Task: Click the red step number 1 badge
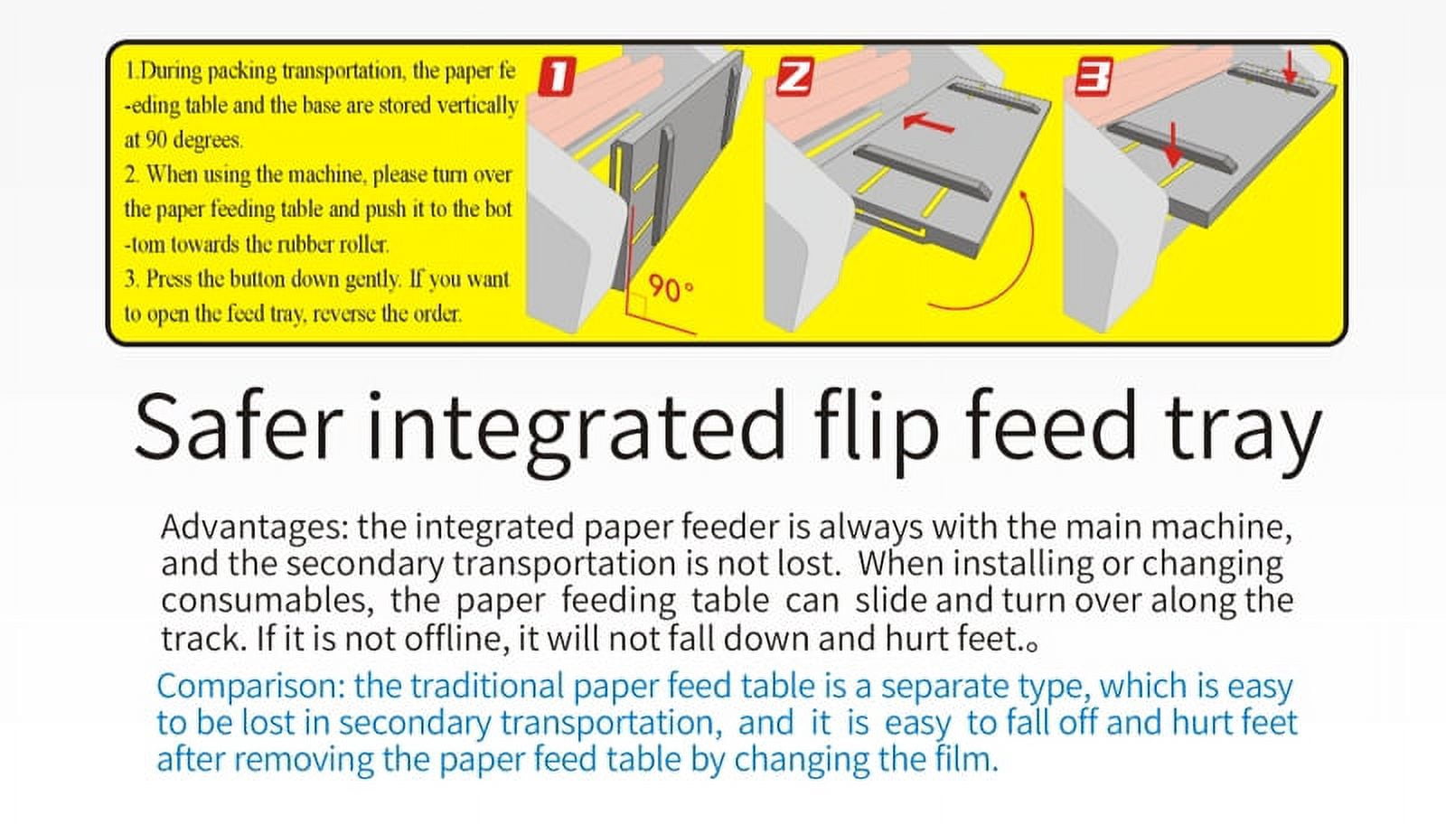click(557, 77)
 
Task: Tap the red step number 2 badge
click(793, 77)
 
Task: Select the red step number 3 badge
click(1094, 77)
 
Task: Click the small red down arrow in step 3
click(1289, 69)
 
